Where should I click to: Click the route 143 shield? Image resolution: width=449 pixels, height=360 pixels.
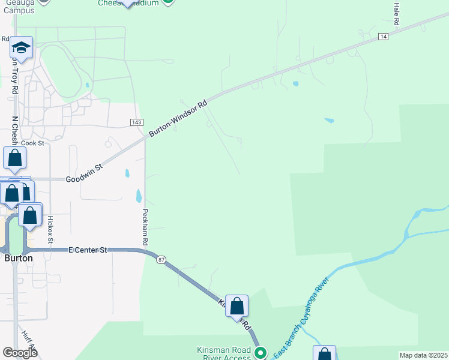point(136,122)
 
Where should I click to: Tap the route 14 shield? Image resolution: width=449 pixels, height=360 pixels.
point(382,37)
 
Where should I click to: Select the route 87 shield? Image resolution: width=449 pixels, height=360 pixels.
point(161,260)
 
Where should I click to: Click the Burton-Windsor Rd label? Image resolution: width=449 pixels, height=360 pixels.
point(178,118)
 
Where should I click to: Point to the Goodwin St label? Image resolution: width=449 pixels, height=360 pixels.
point(85,175)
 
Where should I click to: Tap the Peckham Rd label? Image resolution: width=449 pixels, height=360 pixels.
point(145,227)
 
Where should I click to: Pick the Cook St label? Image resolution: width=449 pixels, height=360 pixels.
point(33,143)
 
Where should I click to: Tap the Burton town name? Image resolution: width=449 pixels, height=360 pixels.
point(18,258)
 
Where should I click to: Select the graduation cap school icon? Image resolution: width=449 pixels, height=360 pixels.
point(21,48)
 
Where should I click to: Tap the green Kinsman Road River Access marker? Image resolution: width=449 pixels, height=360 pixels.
point(260,353)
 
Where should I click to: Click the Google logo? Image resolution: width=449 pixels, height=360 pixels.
point(20,352)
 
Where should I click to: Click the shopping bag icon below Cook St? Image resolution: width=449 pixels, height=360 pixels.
point(15,158)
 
